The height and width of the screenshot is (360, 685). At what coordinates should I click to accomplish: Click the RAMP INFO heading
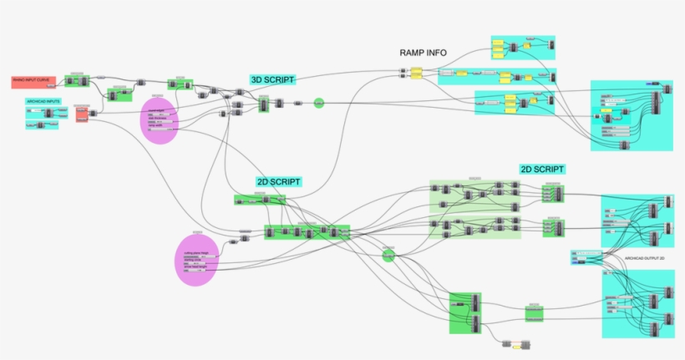tap(424, 53)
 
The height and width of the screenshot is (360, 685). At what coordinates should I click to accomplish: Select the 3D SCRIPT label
tap(271, 79)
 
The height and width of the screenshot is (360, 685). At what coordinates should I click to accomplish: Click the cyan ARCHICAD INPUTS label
tap(43, 101)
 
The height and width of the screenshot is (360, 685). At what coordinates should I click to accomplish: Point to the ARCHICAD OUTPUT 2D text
tap(645, 260)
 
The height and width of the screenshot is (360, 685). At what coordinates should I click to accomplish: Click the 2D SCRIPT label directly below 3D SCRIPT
tap(278, 181)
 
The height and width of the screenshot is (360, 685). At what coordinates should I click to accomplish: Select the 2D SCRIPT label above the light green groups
tap(541, 169)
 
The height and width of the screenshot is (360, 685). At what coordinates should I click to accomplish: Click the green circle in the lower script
tap(388, 255)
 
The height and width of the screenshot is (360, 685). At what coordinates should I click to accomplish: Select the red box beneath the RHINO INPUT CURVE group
tap(81, 114)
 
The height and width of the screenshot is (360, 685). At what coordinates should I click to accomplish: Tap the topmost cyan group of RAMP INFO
tap(522, 47)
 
